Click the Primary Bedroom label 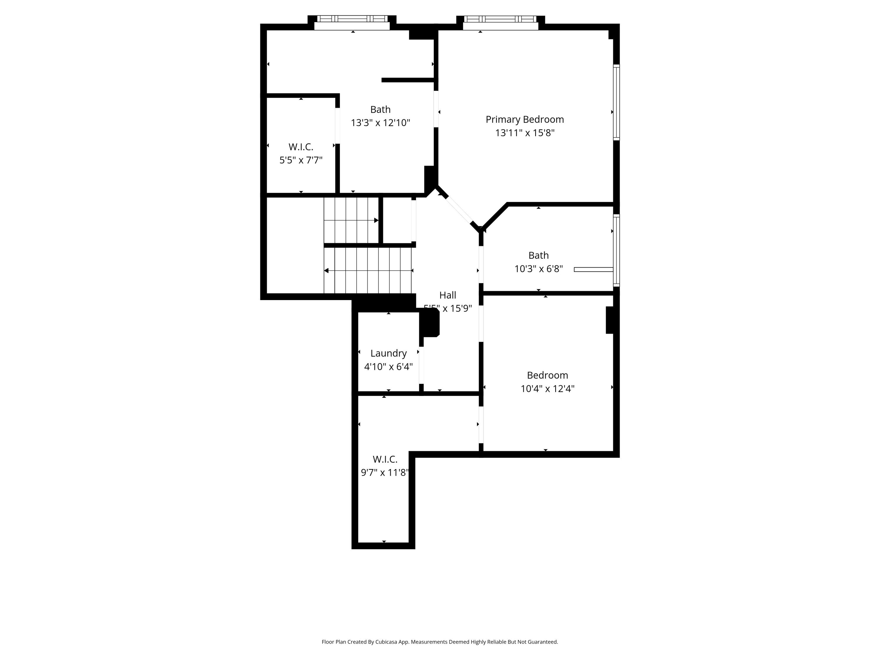pyautogui.click(x=524, y=119)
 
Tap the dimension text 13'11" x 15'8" pyautogui.click(x=524, y=133)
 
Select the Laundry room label pyautogui.click(x=388, y=353)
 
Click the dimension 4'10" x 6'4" pyautogui.click(x=388, y=366)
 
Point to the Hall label pyautogui.click(x=448, y=295)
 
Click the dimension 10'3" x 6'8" pyautogui.click(x=538, y=269)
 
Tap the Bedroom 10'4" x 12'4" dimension pyautogui.click(x=547, y=389)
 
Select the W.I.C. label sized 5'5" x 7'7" pyautogui.click(x=301, y=147)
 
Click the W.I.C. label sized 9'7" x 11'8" pyautogui.click(x=385, y=459)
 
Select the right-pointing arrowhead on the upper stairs pyautogui.click(x=376, y=220)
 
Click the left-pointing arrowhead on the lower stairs pyautogui.click(x=326, y=270)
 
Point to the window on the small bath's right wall pyautogui.click(x=616, y=250)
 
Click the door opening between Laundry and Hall pyautogui.click(x=421, y=365)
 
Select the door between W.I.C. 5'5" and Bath pyautogui.click(x=337, y=126)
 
